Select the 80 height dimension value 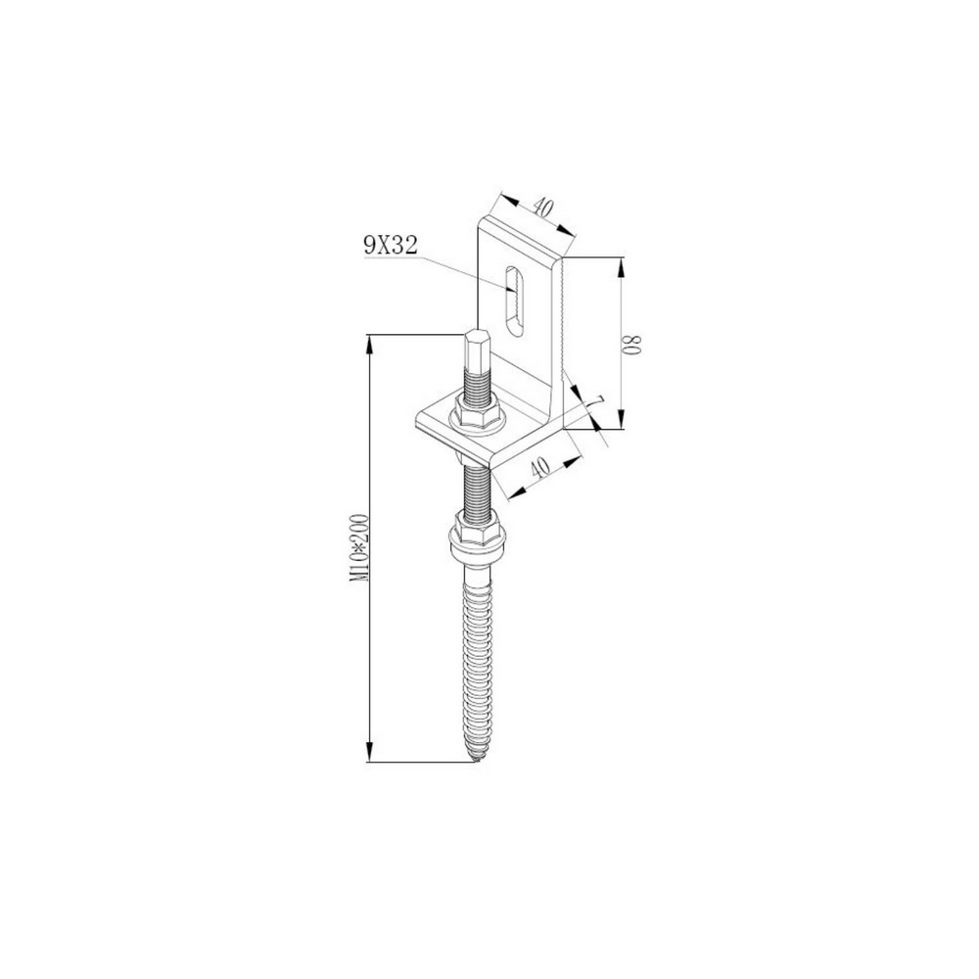(x=634, y=345)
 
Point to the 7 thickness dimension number (x=598, y=402)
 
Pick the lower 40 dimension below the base (x=538, y=466)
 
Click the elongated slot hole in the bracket (x=514, y=303)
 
